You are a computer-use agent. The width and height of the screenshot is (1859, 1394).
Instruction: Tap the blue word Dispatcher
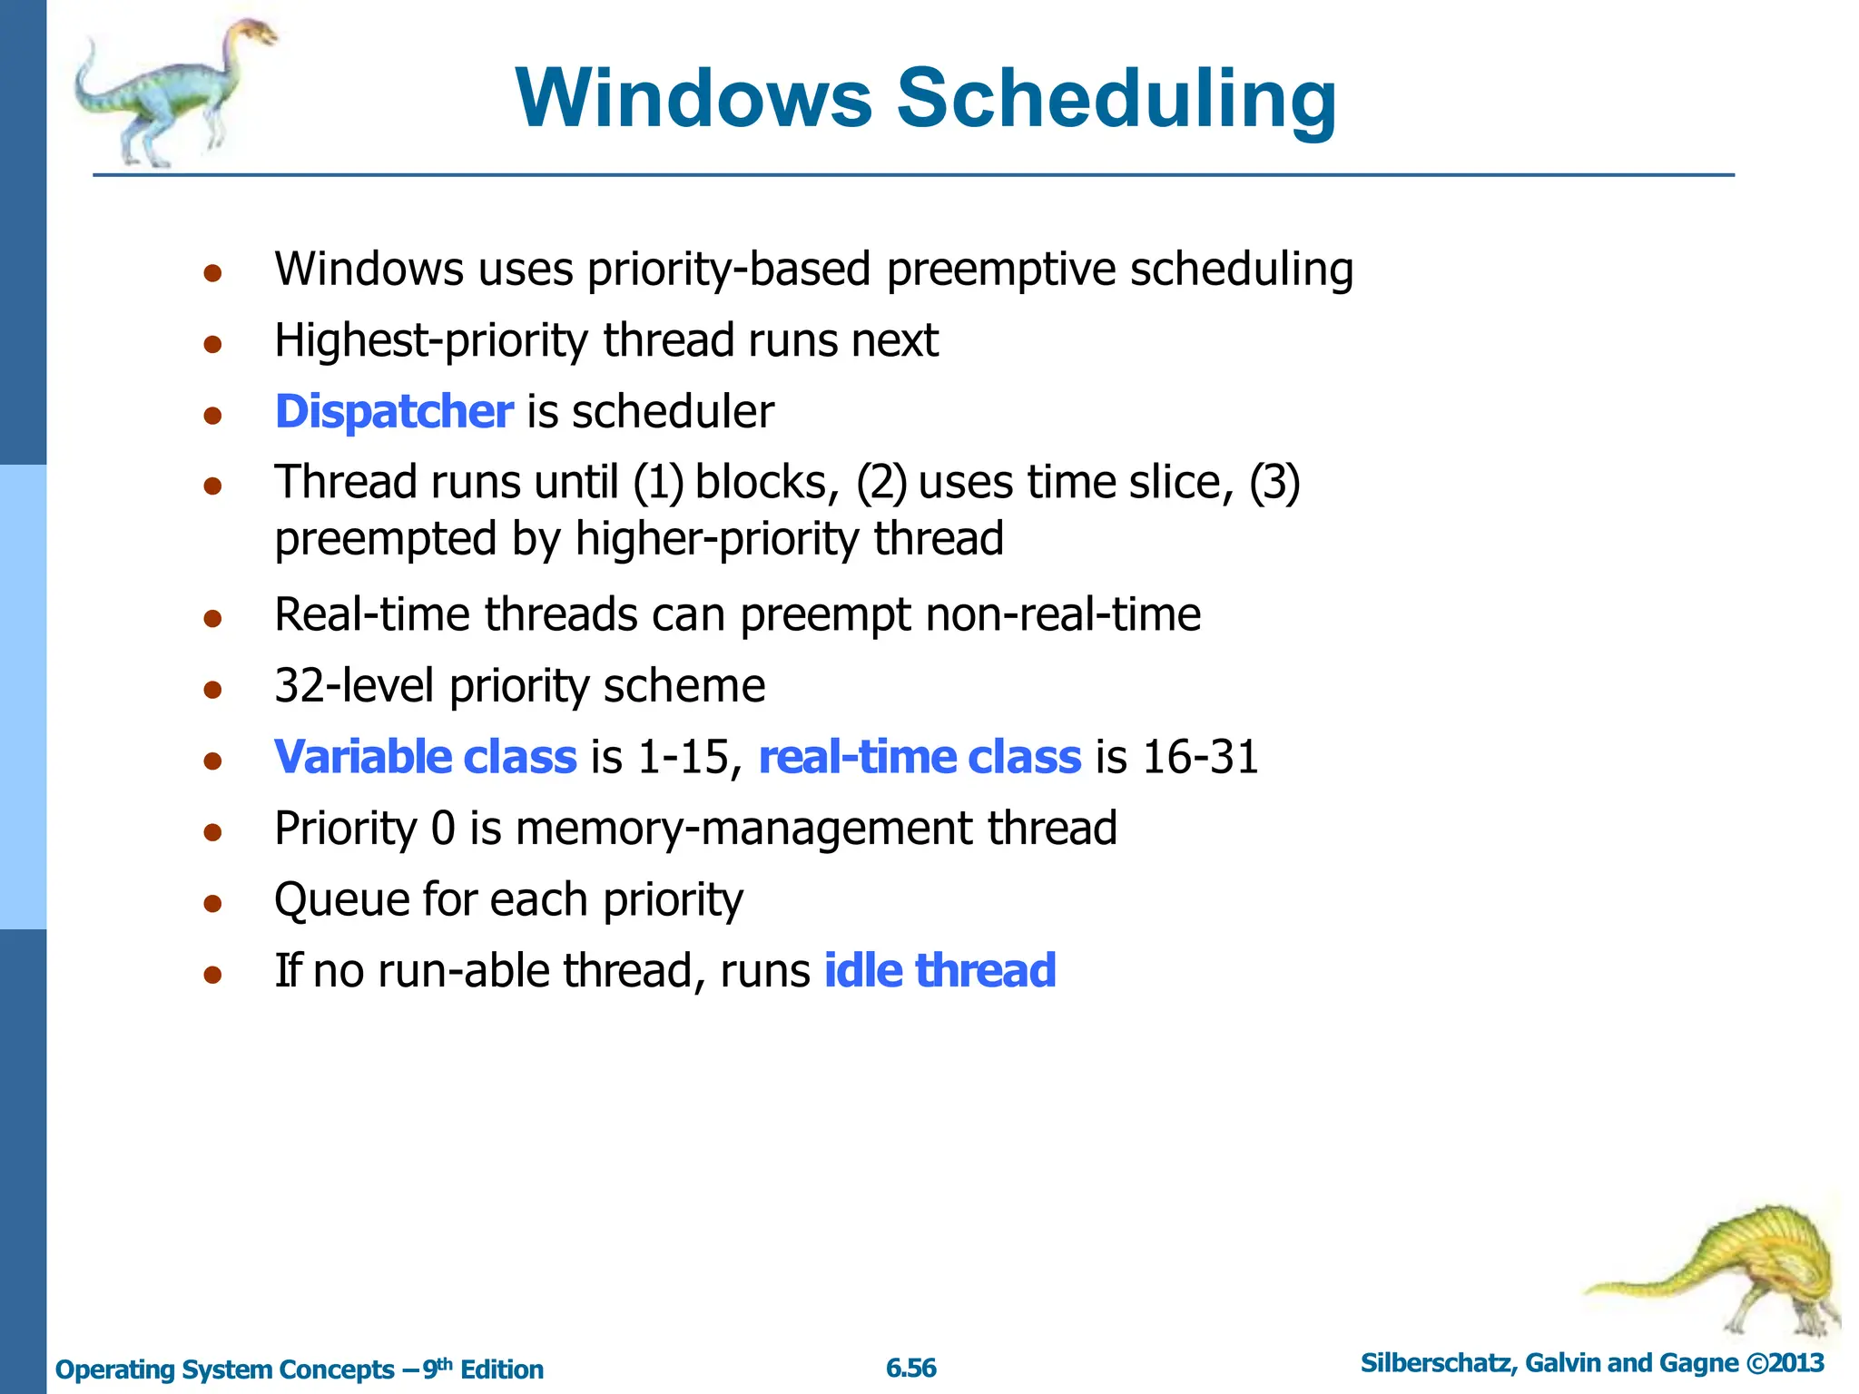tap(394, 412)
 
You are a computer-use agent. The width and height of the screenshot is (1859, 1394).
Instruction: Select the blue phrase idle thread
tap(939, 970)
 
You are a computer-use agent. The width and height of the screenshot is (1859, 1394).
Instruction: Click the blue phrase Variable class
tap(425, 757)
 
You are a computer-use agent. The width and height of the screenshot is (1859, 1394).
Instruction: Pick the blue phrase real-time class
tap(920, 757)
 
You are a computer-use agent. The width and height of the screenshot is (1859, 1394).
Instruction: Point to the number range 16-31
tap(1200, 757)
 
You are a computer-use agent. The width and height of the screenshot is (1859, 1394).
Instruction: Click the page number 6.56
tap(910, 1368)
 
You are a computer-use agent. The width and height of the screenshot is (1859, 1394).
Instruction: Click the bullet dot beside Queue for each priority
tap(213, 904)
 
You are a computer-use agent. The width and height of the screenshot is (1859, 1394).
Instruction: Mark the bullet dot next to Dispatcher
tap(213, 416)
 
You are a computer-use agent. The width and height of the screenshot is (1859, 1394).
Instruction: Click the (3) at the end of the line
tap(1274, 482)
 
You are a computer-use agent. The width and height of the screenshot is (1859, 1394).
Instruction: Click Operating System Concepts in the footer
tap(224, 1369)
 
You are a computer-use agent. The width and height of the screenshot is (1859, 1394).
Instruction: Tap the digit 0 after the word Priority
tap(443, 829)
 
